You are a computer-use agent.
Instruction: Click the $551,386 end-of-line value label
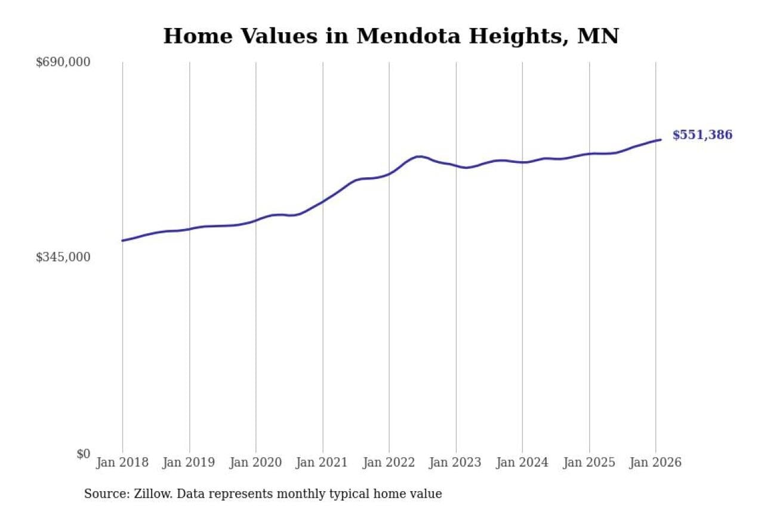[x=702, y=135]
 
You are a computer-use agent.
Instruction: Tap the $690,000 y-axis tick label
[x=63, y=62]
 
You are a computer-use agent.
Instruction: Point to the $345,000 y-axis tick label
[x=63, y=257]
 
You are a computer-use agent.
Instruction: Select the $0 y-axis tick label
[x=83, y=454]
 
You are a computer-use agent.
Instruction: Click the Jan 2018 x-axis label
[x=122, y=462]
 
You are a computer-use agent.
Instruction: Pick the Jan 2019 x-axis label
[x=189, y=462]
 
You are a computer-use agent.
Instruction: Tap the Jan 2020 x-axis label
[x=256, y=462]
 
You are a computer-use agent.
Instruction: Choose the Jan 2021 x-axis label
[x=323, y=462]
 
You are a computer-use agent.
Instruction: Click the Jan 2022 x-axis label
[x=389, y=462]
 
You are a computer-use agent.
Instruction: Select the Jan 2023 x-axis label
[x=456, y=462]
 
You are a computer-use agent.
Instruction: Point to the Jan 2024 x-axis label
[x=522, y=462]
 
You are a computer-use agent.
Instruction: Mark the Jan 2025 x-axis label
[x=589, y=462]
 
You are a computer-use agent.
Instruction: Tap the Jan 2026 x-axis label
[x=655, y=462]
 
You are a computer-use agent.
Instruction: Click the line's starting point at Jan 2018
[x=122, y=240]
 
